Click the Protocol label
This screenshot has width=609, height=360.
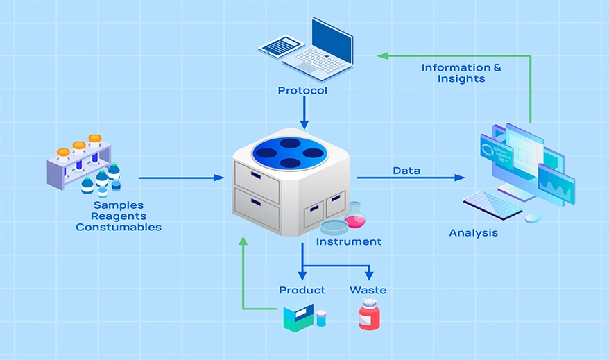(302, 91)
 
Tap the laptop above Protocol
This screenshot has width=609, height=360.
(316, 49)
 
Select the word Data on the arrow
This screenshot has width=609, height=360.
(406, 171)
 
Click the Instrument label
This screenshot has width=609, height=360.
(348, 242)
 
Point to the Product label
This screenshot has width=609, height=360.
(302, 290)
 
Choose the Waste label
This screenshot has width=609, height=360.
(368, 290)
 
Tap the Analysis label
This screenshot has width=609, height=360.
(473, 233)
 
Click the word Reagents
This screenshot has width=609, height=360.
(118, 216)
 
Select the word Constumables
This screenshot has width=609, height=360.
(119, 228)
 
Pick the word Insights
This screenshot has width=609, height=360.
(461, 79)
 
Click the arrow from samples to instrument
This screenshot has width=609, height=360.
(180, 178)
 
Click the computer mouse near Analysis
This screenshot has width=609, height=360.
(533, 218)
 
